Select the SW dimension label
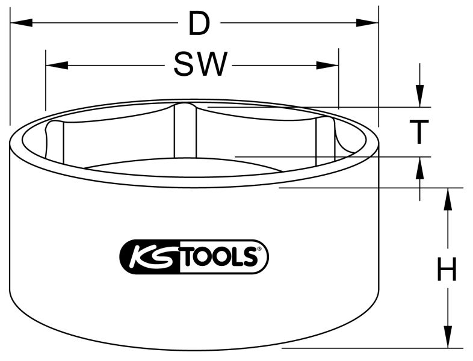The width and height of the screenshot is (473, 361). [200, 65]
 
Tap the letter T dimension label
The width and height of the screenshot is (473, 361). [419, 132]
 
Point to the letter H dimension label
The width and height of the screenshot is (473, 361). [446, 271]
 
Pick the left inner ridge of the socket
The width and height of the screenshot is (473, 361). [56, 142]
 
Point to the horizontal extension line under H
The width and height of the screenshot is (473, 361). [373, 348]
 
